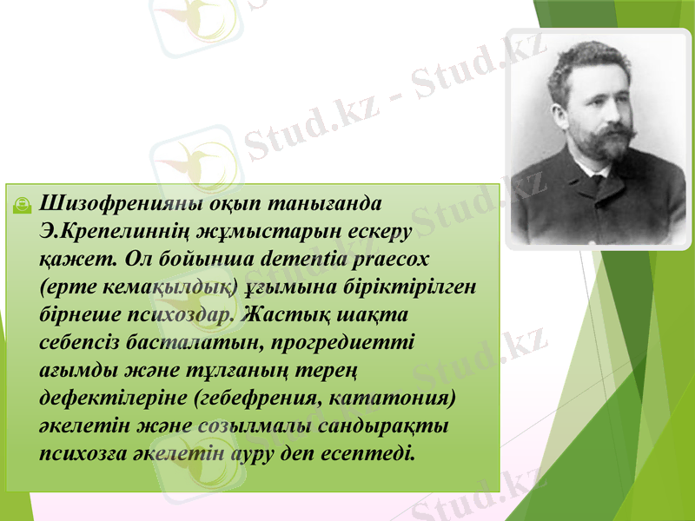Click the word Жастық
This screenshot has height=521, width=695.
tap(287, 313)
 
